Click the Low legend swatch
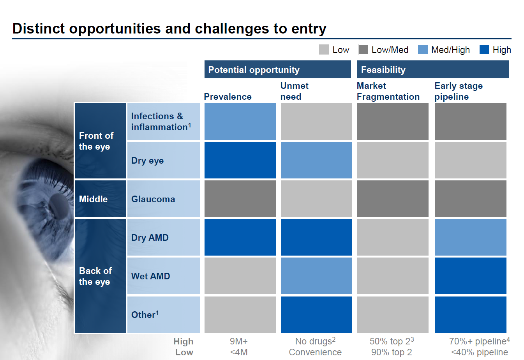[324, 49]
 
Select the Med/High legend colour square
[423, 49]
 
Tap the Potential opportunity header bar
[277, 70]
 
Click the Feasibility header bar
[433, 70]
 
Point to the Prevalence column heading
[228, 97]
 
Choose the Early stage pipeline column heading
[459, 91]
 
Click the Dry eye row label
[147, 161]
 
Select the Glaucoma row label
[153, 199]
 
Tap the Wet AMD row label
[151, 276]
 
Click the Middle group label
[93, 199]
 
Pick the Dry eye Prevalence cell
[240, 160]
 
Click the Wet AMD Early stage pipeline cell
[471, 276]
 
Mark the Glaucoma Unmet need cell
[316, 199]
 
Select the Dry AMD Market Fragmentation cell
[393, 237]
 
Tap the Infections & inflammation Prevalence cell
[240, 122]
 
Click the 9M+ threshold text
[238, 341]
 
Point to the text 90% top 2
[391, 352]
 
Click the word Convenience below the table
[315, 352]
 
